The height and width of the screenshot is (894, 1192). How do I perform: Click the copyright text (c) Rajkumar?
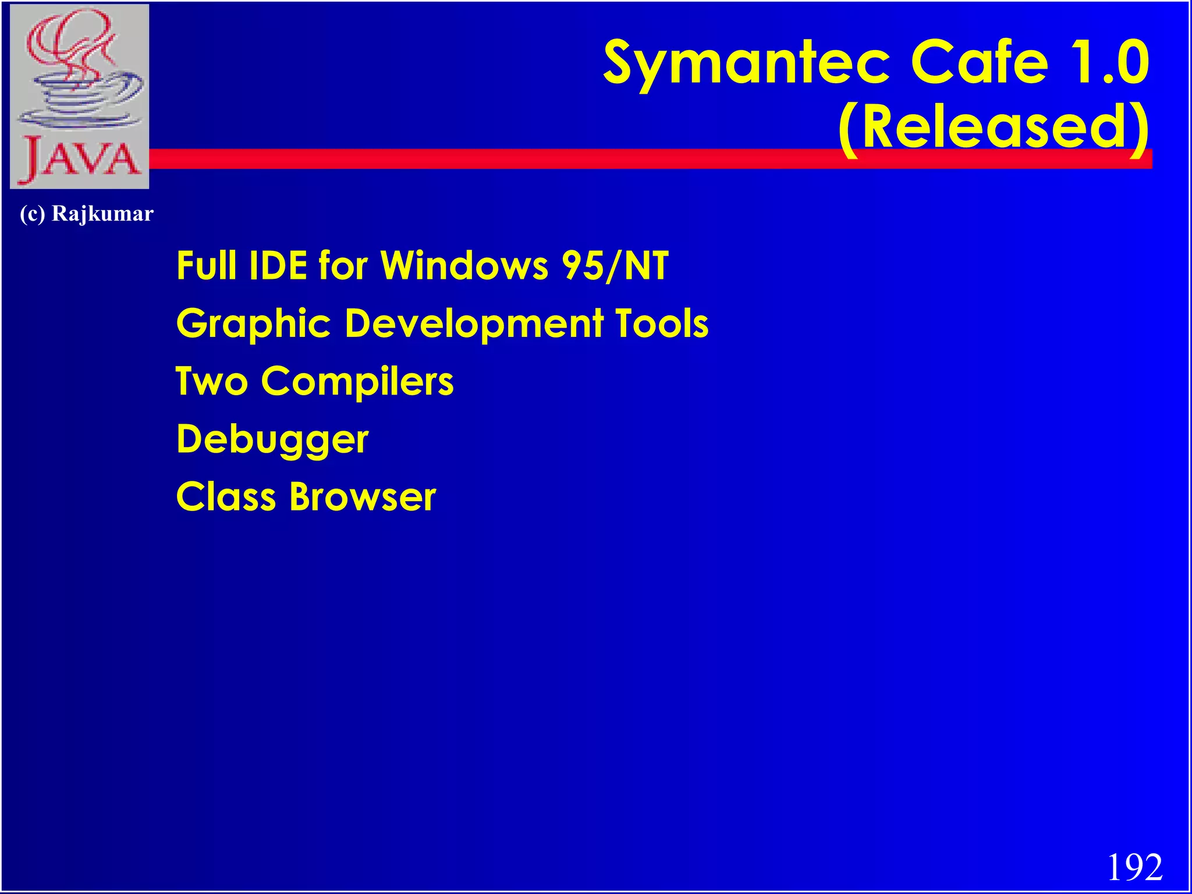pyautogui.click(x=86, y=214)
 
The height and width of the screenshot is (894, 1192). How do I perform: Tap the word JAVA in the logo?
pyautogui.click(x=80, y=159)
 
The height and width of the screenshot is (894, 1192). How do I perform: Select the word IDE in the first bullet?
pyautogui.click(x=278, y=266)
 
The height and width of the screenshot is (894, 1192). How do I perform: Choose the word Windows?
pyautogui.click(x=464, y=266)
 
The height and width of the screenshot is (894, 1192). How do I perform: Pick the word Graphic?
pyautogui.click(x=254, y=324)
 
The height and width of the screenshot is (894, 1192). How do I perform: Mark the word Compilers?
pyautogui.click(x=357, y=382)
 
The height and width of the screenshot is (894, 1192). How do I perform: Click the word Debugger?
pyautogui.click(x=272, y=440)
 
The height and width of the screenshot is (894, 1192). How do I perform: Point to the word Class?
pyautogui.click(x=226, y=497)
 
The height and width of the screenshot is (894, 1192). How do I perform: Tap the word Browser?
pyautogui.click(x=363, y=497)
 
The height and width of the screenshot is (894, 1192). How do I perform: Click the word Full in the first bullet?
pyautogui.click(x=206, y=266)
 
